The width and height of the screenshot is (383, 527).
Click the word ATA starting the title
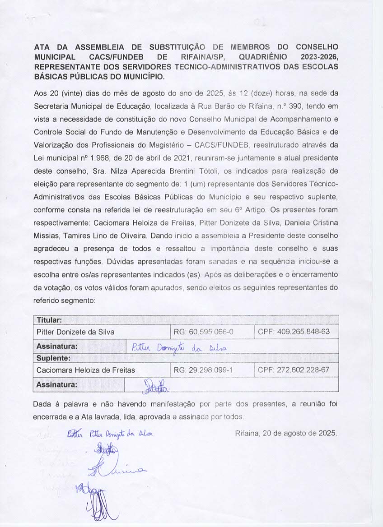tap(43, 47)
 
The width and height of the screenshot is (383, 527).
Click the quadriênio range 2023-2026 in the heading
tap(319, 57)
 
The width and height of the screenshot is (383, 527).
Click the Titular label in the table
tap(49, 320)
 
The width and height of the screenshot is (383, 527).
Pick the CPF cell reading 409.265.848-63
tap(294, 332)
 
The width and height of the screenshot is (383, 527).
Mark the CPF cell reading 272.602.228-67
tap(293, 370)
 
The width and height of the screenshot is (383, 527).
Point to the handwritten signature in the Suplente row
tap(155, 386)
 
